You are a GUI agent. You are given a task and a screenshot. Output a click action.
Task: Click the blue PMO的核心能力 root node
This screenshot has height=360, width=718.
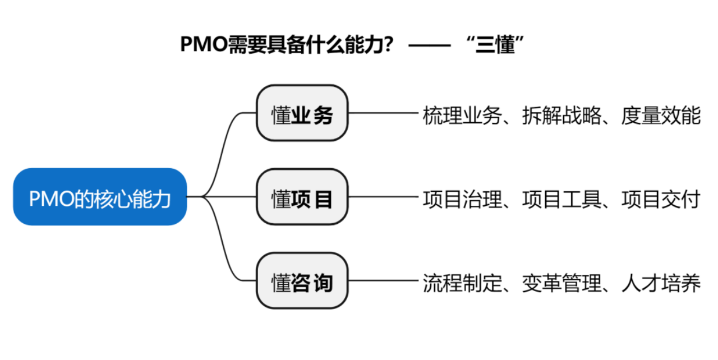(x=100, y=197)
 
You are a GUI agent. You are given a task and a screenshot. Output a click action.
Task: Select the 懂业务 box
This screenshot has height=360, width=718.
(x=302, y=113)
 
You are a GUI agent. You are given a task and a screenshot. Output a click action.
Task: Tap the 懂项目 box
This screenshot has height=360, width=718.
(x=302, y=197)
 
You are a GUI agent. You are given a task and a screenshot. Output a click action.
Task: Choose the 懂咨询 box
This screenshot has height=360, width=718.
(x=302, y=281)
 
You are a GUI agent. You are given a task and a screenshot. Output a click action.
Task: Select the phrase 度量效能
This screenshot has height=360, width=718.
(x=661, y=116)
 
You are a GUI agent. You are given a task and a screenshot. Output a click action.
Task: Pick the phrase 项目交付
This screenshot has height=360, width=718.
(x=661, y=200)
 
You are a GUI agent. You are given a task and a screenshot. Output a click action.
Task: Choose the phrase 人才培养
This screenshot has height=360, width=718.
(x=661, y=284)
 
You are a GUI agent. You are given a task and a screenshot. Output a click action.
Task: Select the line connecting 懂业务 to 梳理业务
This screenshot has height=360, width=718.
(x=384, y=113)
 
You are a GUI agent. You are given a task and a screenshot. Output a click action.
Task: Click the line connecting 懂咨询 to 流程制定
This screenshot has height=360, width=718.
(x=384, y=281)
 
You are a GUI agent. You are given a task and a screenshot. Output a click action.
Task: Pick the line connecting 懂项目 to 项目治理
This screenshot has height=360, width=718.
(x=384, y=197)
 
